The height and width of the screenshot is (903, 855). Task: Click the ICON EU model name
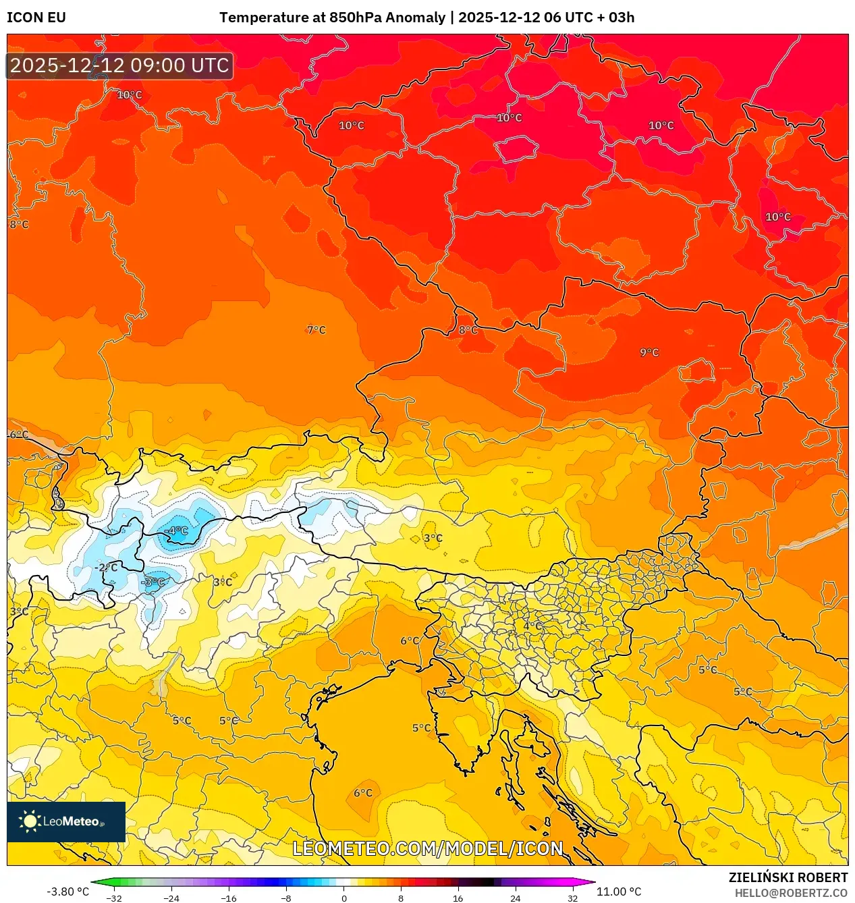(x=36, y=18)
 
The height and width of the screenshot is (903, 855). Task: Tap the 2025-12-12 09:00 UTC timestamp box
(x=119, y=65)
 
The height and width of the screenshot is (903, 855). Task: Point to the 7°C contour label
(x=316, y=330)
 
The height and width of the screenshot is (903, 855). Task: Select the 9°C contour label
(x=649, y=352)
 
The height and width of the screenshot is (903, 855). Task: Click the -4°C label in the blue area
(x=177, y=531)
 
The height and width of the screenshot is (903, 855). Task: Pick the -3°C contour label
(x=153, y=582)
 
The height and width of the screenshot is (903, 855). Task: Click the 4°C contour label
(x=532, y=626)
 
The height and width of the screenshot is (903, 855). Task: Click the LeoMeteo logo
(x=66, y=821)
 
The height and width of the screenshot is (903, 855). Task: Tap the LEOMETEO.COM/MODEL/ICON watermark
(x=428, y=848)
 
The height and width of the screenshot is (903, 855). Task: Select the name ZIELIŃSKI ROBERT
(x=788, y=877)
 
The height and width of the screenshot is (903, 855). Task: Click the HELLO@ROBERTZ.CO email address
(x=790, y=893)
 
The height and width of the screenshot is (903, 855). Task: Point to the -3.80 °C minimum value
(x=67, y=892)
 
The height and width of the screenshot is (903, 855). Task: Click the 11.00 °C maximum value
(x=619, y=892)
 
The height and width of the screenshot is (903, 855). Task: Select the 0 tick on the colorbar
(x=343, y=898)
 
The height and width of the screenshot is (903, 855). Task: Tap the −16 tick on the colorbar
(x=229, y=898)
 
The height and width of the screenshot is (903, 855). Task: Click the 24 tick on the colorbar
(x=516, y=898)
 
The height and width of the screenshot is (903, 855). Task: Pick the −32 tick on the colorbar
(x=114, y=898)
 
